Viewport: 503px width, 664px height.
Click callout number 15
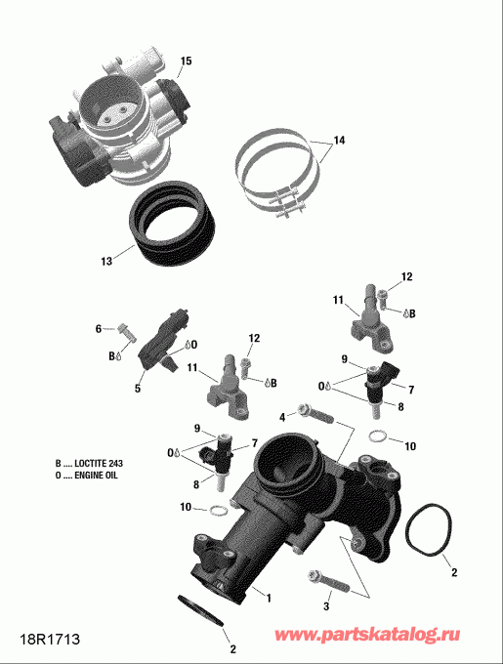(186, 62)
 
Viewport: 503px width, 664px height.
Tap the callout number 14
(338, 141)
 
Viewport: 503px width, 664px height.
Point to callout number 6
(98, 329)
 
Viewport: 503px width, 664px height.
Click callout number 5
(138, 389)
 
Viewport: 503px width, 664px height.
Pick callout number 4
(282, 418)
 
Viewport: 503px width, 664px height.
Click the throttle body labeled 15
(117, 127)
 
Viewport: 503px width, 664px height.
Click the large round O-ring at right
(430, 535)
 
